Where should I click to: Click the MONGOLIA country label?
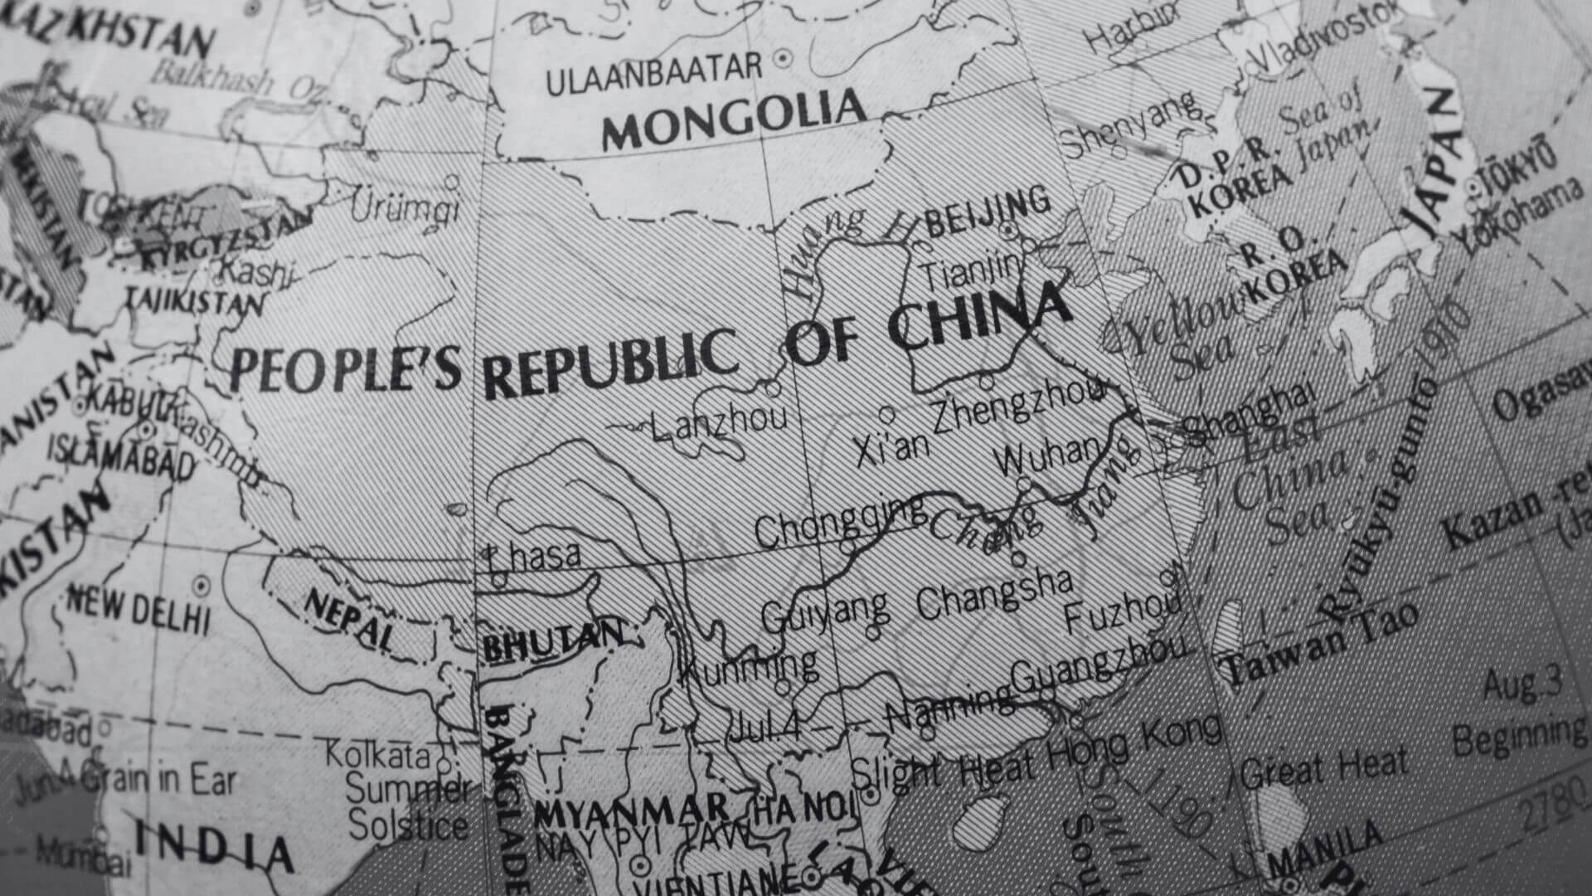coord(734,120)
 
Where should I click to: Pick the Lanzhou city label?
coord(718,424)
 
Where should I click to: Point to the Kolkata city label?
coord(377,755)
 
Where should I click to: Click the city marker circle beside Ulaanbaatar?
coord(781,59)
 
